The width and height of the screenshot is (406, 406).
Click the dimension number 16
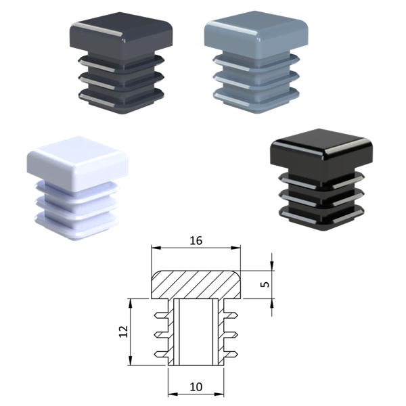tap(196, 240)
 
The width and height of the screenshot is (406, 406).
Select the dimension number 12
tap(124, 331)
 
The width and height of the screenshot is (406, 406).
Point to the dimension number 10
tap(196, 387)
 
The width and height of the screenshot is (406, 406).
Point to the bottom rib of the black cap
tap(322, 217)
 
